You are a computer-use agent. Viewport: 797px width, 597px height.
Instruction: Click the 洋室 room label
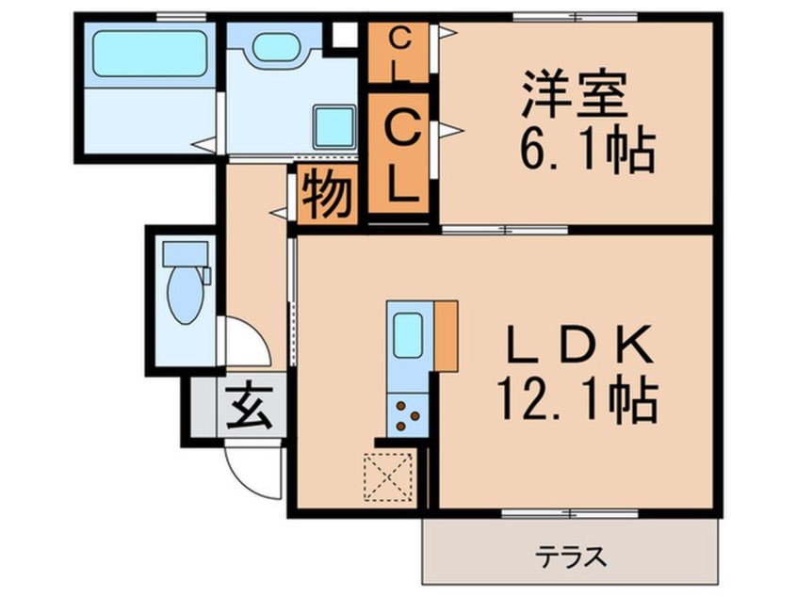pyautogui.click(x=575, y=94)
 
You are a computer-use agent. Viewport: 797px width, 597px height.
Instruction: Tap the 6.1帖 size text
pyautogui.click(x=588, y=149)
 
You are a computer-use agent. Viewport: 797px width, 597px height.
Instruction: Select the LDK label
pyautogui.click(x=580, y=345)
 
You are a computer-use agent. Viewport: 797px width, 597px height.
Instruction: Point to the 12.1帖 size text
pyautogui.click(x=577, y=399)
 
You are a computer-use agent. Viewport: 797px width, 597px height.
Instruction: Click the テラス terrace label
pyautogui.click(x=570, y=557)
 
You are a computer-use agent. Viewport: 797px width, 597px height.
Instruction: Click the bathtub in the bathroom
pyautogui.click(x=150, y=54)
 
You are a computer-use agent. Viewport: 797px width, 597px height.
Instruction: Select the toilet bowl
pyautogui.click(x=186, y=295)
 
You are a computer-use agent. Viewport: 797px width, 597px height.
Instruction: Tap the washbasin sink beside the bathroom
pyautogui.click(x=275, y=47)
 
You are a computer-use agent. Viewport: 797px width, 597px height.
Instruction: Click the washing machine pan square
pyautogui.click(x=333, y=127)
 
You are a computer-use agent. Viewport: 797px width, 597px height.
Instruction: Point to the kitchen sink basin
pyautogui.click(x=408, y=335)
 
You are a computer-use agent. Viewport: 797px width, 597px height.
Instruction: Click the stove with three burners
pyautogui.click(x=408, y=415)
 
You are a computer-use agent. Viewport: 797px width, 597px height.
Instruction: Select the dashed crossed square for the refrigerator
pyautogui.click(x=388, y=477)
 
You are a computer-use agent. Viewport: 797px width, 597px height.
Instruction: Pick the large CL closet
pyautogui.click(x=398, y=153)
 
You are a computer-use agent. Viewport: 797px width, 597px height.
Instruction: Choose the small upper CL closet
pyautogui.click(x=398, y=53)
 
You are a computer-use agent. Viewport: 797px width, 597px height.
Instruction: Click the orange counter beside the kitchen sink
pyautogui.click(x=447, y=336)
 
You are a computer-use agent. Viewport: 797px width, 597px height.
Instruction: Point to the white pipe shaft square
pyautogui.click(x=345, y=35)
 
